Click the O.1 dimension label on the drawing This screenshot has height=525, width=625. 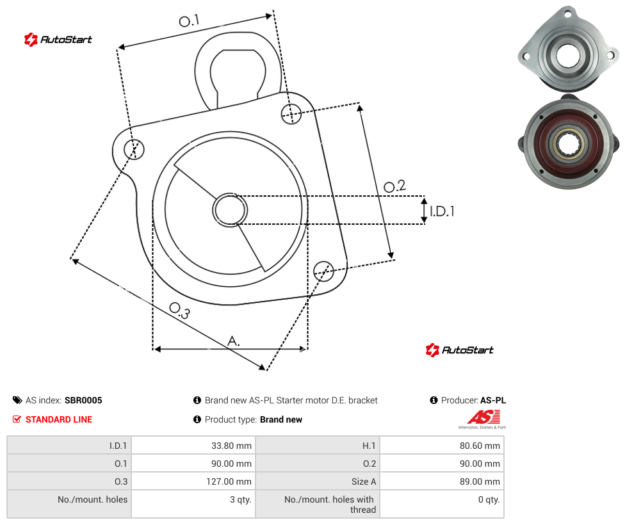[x=189, y=20]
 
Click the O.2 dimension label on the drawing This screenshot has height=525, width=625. [x=394, y=186]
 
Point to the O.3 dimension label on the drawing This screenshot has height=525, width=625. [x=179, y=311]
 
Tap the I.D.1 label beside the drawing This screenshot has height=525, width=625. [x=442, y=211]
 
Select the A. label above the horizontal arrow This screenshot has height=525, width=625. [x=234, y=341]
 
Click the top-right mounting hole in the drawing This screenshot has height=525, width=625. [x=291, y=113]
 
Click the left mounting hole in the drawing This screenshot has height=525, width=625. [x=134, y=149]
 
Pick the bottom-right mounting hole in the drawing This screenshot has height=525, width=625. [x=323, y=271]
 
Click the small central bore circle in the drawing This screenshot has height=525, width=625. [x=230, y=210]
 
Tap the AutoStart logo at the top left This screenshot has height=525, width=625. [x=58, y=40]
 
